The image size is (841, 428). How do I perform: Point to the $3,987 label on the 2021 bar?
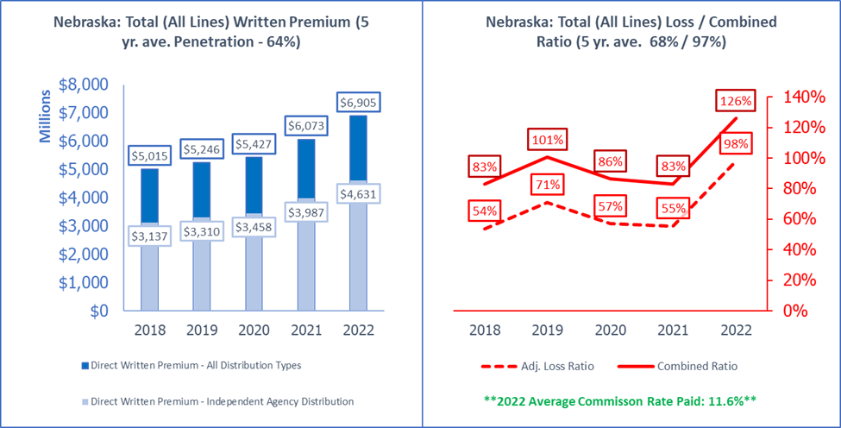(x=310, y=212)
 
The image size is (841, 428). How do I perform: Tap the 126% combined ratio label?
(x=735, y=101)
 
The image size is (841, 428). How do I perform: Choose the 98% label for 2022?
(x=735, y=143)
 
